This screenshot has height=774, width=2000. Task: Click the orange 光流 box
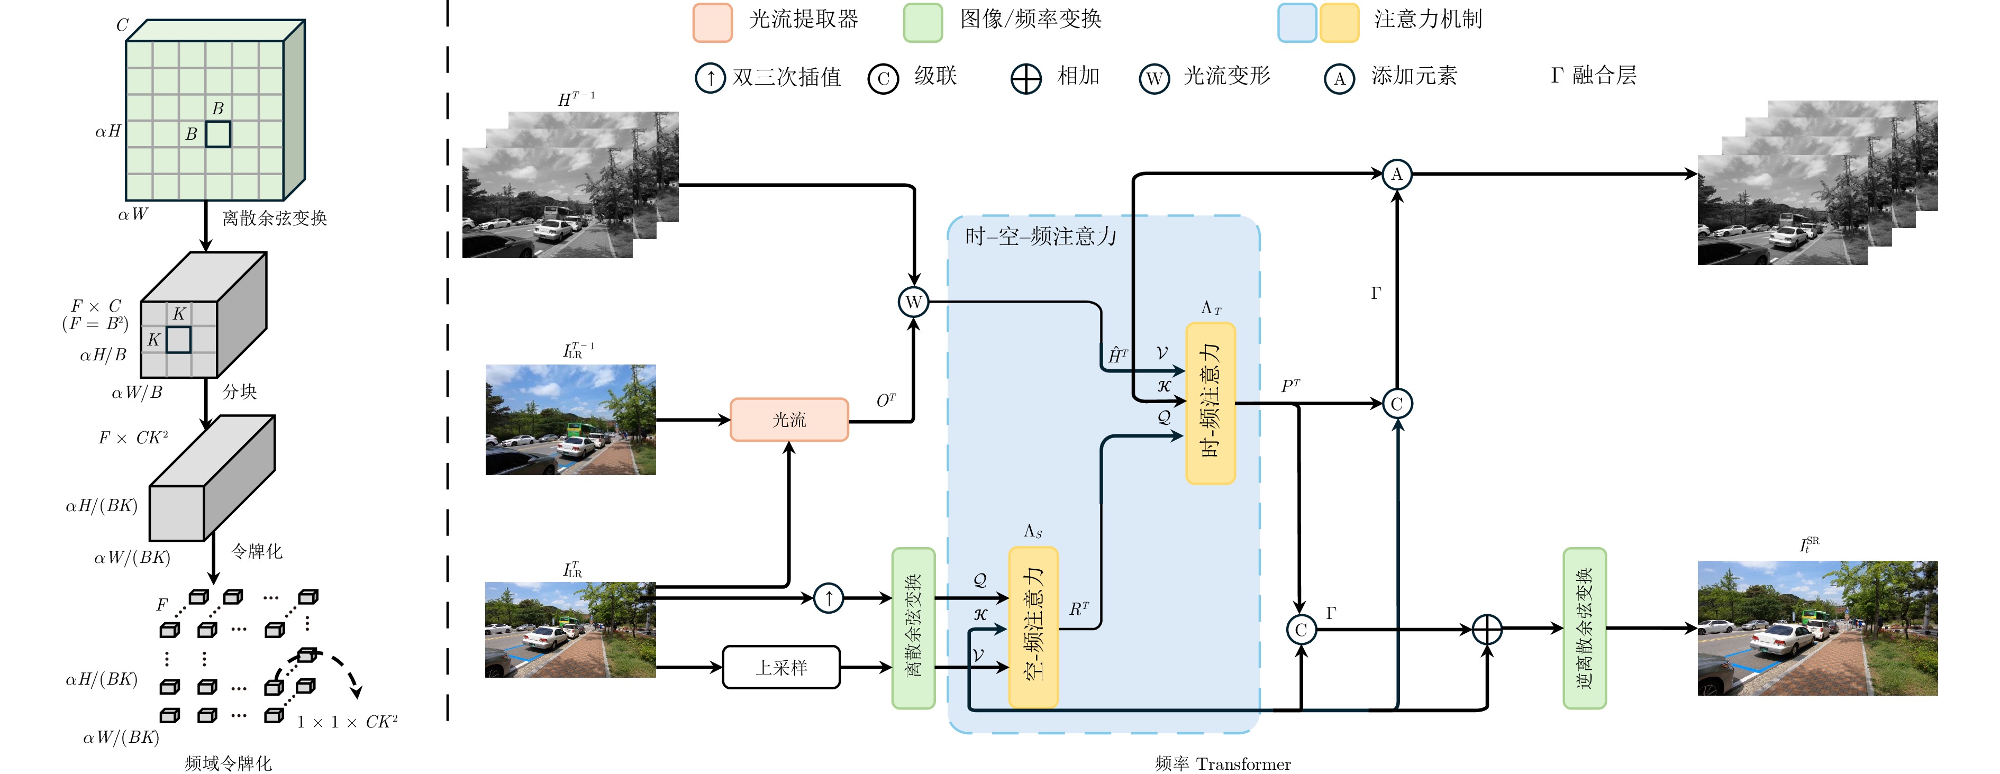789,419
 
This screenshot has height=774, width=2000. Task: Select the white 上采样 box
781,667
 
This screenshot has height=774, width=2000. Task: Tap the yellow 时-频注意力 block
1211,403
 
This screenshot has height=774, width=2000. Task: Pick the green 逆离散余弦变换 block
1585,628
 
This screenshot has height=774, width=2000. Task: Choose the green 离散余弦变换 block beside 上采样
913,628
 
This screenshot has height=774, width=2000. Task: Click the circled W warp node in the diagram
914,302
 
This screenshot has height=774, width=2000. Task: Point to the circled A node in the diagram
1397,174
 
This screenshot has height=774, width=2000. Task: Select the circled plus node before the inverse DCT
1487,630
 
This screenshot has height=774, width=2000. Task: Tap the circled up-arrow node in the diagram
829,598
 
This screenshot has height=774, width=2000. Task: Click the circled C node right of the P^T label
1397,404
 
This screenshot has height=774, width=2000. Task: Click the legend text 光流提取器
804,20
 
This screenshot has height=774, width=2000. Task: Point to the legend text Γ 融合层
1594,75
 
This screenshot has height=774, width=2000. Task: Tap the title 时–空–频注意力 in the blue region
1041,236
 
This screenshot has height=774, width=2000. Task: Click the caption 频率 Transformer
1223,764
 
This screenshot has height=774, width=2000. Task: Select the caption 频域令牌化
228,763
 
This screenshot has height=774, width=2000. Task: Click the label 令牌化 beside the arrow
257,551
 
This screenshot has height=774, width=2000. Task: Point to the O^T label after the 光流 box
886,400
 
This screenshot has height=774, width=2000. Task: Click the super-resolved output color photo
1817,628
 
